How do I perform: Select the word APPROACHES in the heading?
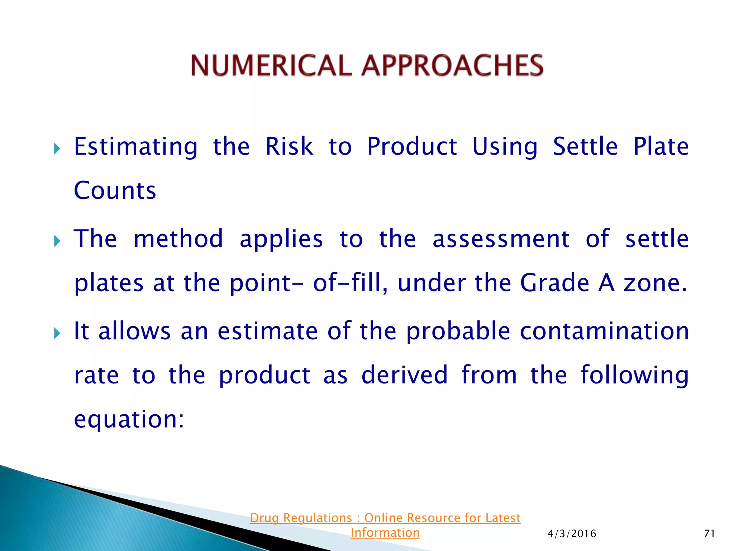453,65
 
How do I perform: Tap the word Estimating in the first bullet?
135,147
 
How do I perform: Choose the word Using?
505,147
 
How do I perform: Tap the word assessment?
501,239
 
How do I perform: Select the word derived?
404,375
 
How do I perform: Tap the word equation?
129,419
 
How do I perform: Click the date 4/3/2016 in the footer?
572,534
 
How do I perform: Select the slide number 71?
710,534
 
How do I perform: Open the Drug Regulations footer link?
385,525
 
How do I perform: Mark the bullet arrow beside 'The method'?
57,241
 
